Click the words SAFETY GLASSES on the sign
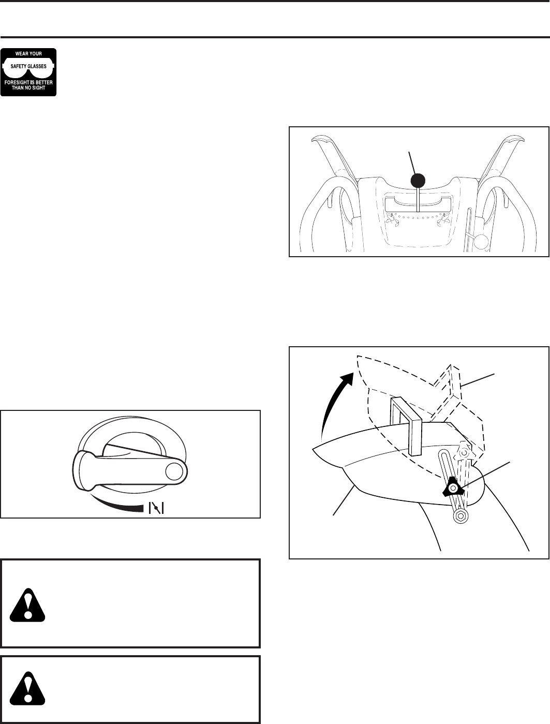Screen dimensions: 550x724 [28, 66]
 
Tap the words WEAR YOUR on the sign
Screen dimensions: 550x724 [28, 53]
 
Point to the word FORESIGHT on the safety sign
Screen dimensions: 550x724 [19, 82]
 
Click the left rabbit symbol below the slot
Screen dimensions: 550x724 [392, 219]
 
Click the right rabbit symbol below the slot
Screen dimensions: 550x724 [442, 219]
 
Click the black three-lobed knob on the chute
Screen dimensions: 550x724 [452, 486]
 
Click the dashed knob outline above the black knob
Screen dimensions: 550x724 [465, 453]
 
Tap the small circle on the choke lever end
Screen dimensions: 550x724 [174, 470]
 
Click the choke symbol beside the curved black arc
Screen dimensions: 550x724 [156, 508]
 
